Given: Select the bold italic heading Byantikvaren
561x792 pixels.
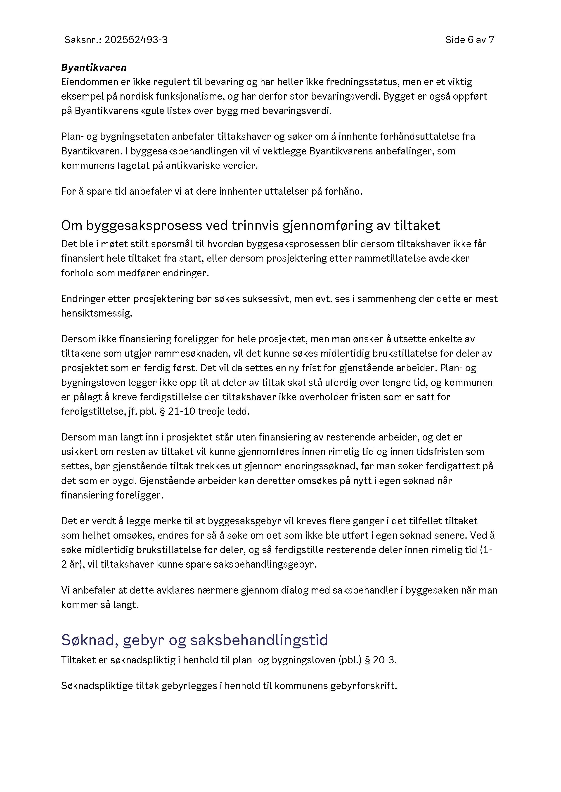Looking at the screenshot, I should [x=94, y=67].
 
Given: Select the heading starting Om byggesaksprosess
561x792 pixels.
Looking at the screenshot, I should [x=251, y=226].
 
